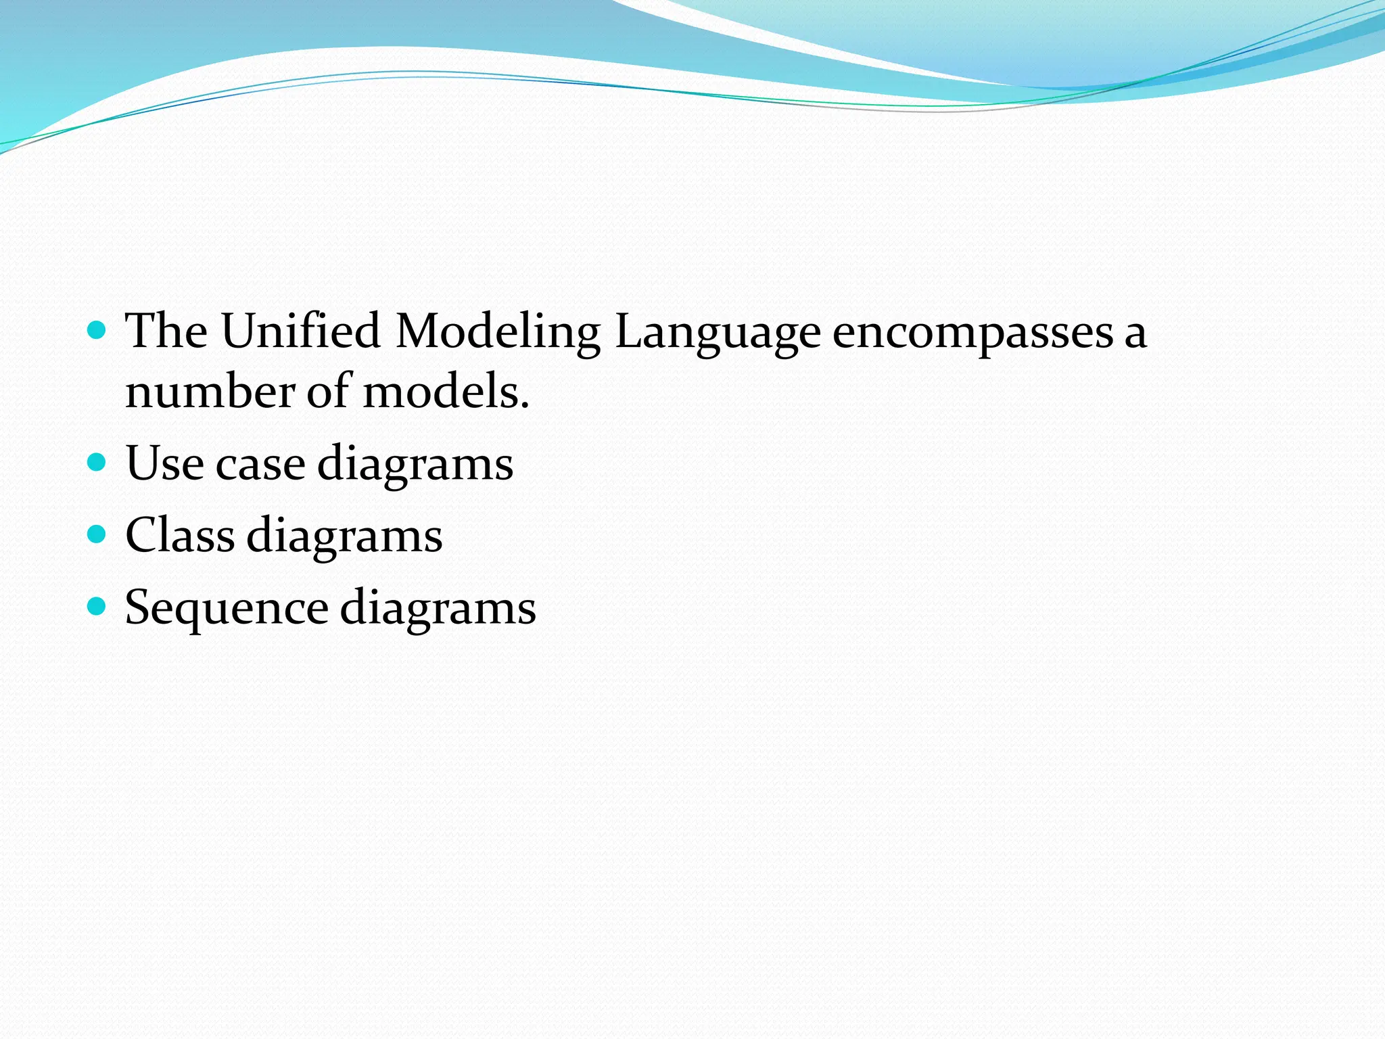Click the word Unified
pos(300,331)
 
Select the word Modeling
pos(498,333)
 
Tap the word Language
pos(718,333)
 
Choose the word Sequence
pos(227,608)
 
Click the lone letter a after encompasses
pos(1135,334)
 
